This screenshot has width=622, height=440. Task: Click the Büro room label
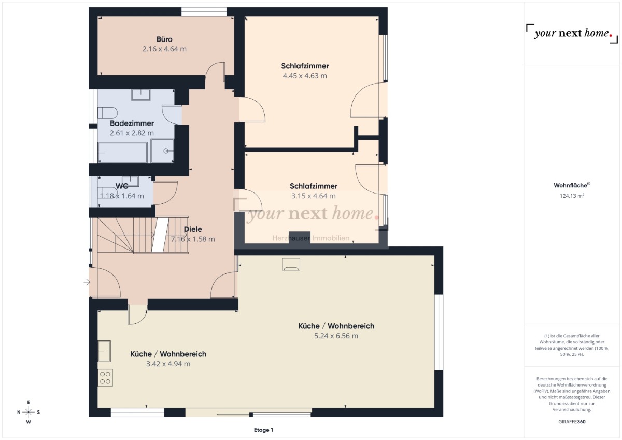[x=164, y=39]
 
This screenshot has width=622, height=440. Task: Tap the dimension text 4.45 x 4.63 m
[x=305, y=76]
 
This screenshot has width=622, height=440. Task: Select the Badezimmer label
[x=132, y=123]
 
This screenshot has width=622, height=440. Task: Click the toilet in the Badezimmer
[x=107, y=113]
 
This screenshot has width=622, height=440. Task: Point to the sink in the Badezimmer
[x=141, y=95]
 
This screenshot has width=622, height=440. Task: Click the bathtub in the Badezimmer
[x=122, y=153]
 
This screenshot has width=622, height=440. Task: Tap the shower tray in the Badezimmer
[x=162, y=151]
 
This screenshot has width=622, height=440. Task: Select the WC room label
[x=122, y=186]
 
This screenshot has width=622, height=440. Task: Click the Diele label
[x=193, y=229]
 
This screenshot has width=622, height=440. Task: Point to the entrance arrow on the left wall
[x=87, y=282]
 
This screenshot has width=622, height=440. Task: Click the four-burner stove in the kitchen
[x=105, y=378]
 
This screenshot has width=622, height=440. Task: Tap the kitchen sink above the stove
[x=104, y=351]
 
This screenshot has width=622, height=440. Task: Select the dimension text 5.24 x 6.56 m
[x=336, y=336]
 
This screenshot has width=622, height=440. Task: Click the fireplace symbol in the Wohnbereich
[x=291, y=264]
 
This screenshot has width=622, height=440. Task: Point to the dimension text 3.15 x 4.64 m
[x=313, y=196]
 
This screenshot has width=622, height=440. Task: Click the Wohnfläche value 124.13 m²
[x=572, y=196]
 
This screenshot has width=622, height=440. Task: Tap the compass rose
[x=29, y=412]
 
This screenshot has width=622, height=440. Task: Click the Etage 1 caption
[x=263, y=430]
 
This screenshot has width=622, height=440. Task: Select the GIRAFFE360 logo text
[x=572, y=422]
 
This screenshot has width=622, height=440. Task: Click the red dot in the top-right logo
[x=611, y=35]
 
